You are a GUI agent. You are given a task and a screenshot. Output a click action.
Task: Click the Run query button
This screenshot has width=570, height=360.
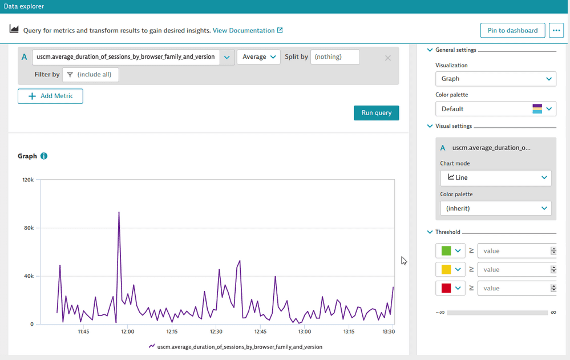pyautogui.click(x=376, y=113)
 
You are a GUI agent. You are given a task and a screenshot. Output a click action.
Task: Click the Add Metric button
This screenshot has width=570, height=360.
pyautogui.click(x=50, y=96)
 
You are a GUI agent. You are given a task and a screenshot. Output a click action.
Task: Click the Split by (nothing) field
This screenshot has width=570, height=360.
pyautogui.click(x=335, y=57)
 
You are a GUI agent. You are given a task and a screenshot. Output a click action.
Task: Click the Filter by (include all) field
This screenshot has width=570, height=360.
pyautogui.click(x=91, y=75)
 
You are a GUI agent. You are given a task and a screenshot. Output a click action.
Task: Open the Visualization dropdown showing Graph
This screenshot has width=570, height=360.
pyautogui.click(x=495, y=79)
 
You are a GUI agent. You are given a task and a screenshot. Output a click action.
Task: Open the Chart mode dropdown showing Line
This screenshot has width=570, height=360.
pyautogui.click(x=495, y=177)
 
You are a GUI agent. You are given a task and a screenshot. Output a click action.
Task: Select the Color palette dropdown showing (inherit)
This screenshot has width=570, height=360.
pyautogui.click(x=495, y=208)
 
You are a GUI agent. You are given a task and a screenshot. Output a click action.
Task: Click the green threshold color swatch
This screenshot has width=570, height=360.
pyautogui.click(x=446, y=251)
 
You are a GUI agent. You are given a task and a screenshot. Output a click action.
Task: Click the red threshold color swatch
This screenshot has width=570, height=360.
pyautogui.click(x=446, y=288)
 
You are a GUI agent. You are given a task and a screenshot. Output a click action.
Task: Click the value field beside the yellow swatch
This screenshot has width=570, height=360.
pyautogui.click(x=513, y=269)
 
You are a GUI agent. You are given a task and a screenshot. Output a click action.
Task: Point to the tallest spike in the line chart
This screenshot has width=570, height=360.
pyautogui.click(x=119, y=212)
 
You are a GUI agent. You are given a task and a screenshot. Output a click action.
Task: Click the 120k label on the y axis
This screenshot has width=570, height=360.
pyautogui.click(x=28, y=179)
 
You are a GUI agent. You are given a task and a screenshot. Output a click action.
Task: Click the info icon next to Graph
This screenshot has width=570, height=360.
pyautogui.click(x=44, y=156)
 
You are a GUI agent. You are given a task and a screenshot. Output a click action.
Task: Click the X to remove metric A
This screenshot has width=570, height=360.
pyautogui.click(x=388, y=58)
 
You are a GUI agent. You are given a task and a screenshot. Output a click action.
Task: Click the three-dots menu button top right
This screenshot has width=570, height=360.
pyautogui.click(x=556, y=31)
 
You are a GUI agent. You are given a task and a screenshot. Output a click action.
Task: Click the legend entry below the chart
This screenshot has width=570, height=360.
pyautogui.click(x=235, y=346)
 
